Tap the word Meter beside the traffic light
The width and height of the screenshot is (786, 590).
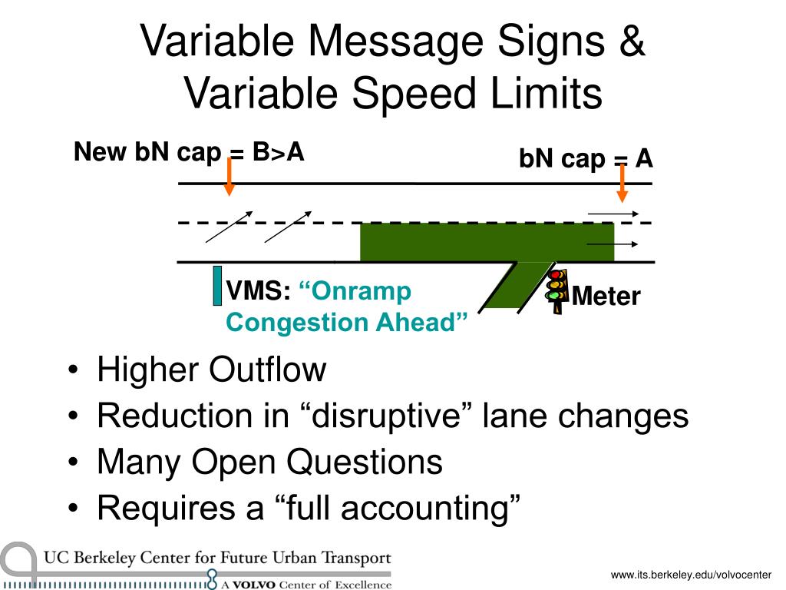click(606, 296)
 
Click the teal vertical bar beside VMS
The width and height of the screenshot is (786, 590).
click(217, 285)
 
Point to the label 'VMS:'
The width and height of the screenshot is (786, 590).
click(258, 292)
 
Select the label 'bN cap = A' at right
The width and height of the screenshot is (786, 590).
click(586, 159)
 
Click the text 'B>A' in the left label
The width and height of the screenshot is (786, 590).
click(277, 152)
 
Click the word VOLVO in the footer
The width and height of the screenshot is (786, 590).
click(254, 585)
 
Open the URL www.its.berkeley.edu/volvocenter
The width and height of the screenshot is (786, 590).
click(691, 575)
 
